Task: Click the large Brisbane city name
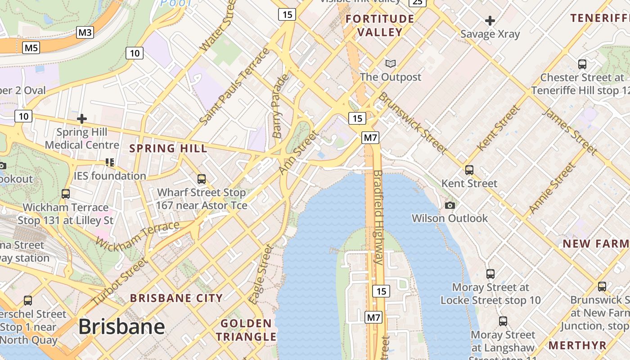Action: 121,327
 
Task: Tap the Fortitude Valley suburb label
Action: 380,25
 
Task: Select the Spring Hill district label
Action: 168,148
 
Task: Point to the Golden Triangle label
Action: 246,330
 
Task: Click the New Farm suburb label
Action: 595,244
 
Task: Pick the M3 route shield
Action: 85,32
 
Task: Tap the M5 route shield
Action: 31,47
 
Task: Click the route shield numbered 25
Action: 418,2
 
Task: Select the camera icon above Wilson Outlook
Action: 450,206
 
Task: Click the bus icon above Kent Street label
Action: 469,170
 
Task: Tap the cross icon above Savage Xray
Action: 490,21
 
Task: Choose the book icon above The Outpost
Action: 391,64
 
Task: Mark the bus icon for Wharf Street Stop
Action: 202,179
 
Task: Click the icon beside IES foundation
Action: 110,162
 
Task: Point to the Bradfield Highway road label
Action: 378,217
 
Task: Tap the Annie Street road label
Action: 552,188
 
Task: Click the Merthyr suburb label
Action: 577,345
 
